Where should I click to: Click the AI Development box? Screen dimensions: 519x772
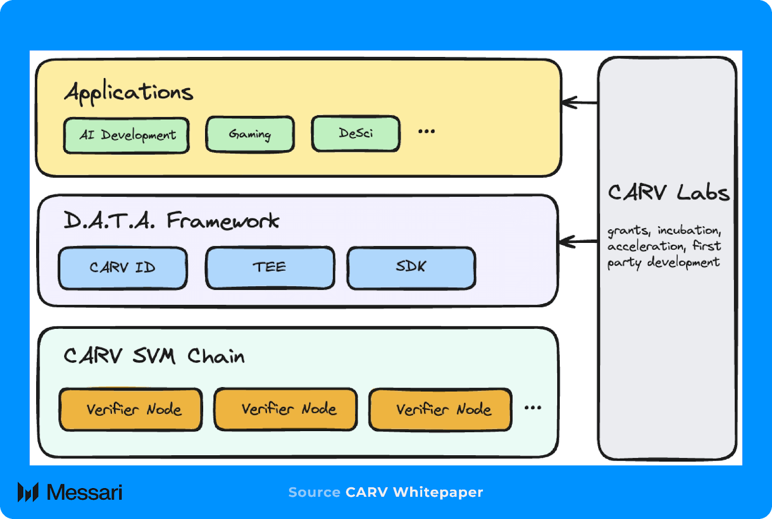126,135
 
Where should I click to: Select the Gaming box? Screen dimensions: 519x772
250,134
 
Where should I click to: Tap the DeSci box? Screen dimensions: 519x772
356,133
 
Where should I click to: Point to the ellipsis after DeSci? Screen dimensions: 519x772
427,131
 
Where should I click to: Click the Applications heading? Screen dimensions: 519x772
129,92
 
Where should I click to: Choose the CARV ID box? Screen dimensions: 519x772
123,268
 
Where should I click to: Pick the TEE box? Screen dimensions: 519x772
270,267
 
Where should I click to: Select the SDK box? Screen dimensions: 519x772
411,267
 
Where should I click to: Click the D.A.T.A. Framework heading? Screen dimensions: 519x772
171,221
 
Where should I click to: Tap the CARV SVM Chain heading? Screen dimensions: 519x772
154,356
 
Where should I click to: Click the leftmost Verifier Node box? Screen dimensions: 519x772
131,409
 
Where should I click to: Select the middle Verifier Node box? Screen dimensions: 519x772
286,409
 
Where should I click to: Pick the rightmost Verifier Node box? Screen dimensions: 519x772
441,409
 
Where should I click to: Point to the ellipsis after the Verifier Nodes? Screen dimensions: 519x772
533,408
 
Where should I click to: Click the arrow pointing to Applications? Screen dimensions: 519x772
579,102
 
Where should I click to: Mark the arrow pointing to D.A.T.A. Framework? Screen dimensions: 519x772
578,241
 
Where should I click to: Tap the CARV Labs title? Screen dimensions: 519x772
668,193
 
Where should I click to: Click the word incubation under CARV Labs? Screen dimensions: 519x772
689,230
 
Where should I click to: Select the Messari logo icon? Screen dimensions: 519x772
28,492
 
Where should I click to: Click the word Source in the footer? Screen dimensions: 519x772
314,492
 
